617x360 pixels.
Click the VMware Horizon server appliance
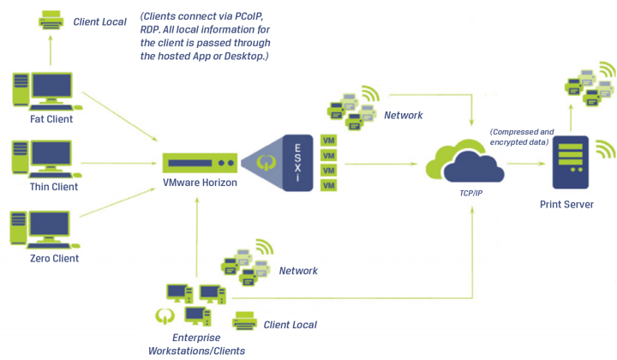(x=199, y=162)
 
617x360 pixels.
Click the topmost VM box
(x=328, y=140)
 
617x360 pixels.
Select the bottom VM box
(x=328, y=185)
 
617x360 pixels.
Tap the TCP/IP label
(x=472, y=195)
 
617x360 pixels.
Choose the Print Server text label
(x=566, y=204)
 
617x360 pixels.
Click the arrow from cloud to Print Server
(x=523, y=162)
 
